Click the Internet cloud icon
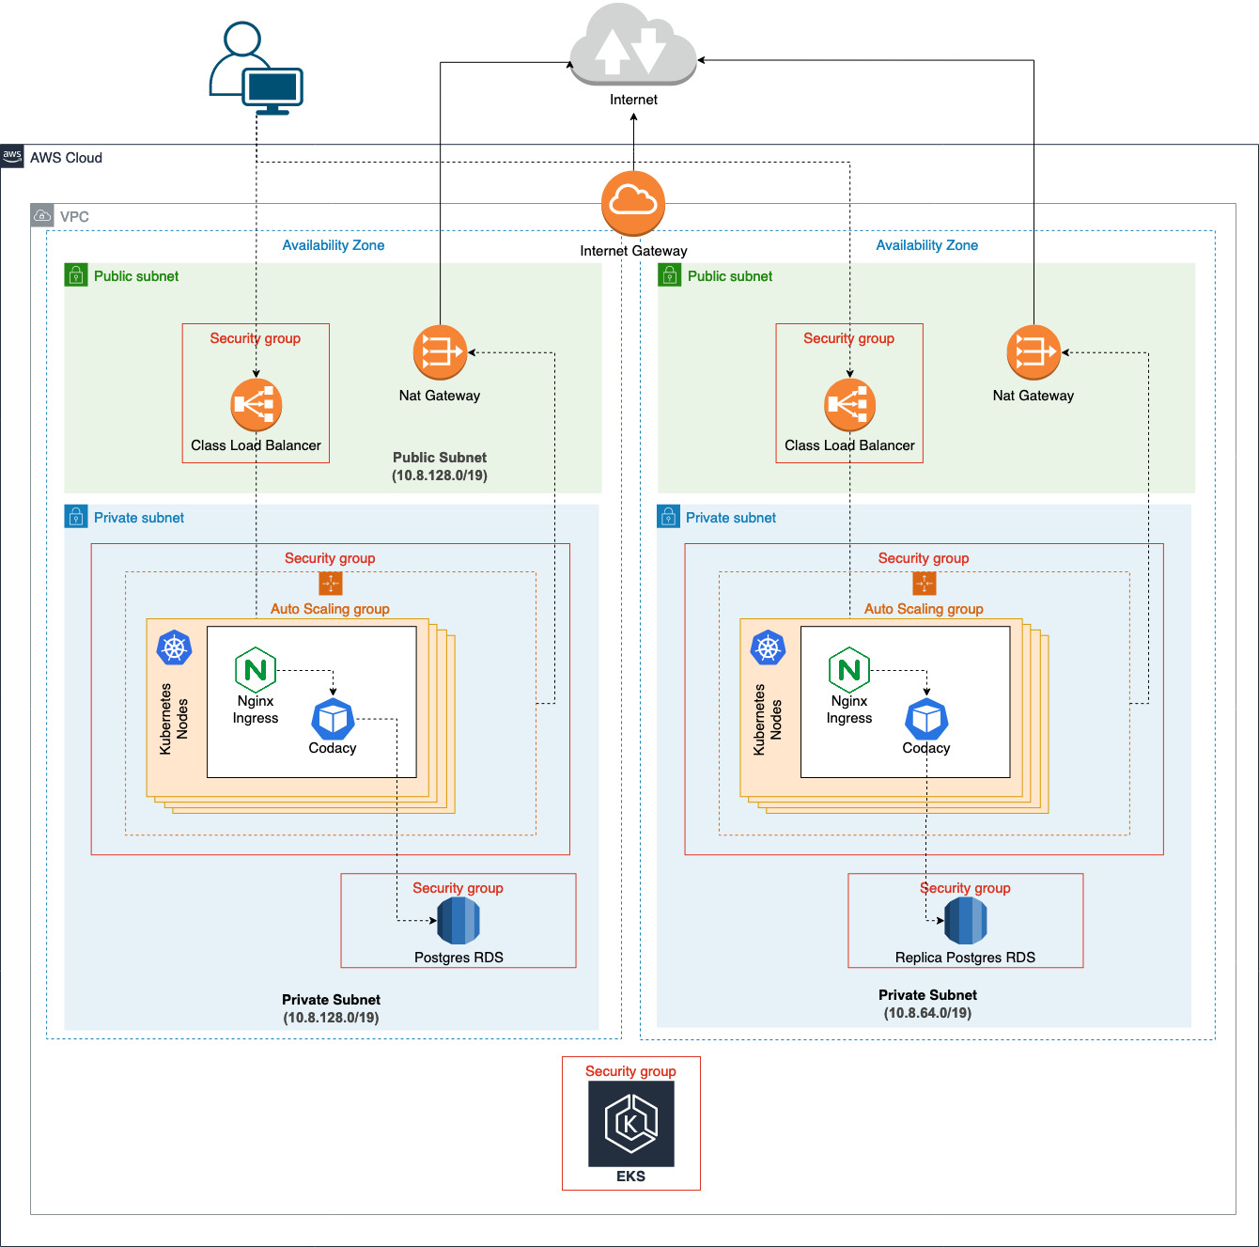(633, 45)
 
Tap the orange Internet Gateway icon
(633, 203)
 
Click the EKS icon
(631, 1123)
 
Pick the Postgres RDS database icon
(459, 921)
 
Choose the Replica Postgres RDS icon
(965, 921)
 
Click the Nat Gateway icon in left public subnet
(440, 352)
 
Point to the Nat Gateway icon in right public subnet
(1034, 352)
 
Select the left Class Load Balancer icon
(256, 405)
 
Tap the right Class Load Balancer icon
(849, 405)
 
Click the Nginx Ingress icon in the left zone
(256, 670)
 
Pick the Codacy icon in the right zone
(926, 720)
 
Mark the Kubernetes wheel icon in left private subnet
(174, 648)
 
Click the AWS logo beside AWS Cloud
(12, 156)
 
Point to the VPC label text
(74, 217)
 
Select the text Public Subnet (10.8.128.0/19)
(440, 466)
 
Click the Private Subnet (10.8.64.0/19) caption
(927, 1004)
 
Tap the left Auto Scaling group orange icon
(331, 584)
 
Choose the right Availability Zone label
(926, 245)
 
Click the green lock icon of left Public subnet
(76, 275)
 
